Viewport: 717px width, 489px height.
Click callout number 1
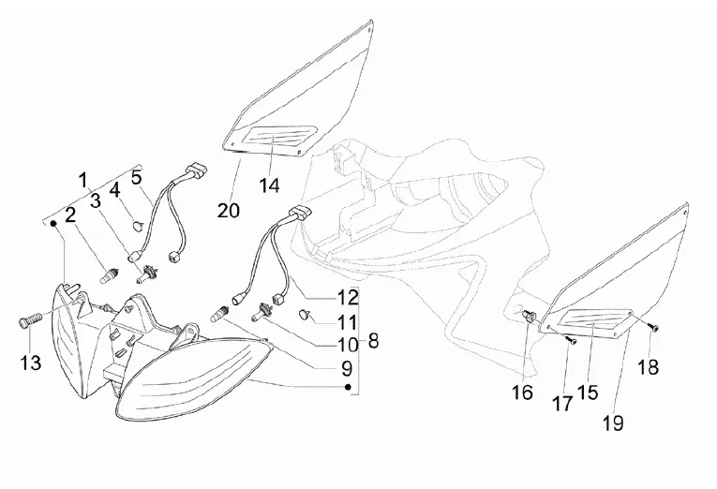pos(82,178)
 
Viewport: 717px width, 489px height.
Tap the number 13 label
pos(32,363)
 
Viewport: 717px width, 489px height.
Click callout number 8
pos(373,341)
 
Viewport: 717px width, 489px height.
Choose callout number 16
pos(523,393)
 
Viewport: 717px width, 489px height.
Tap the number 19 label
pos(613,423)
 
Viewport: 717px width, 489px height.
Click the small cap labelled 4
pos(137,225)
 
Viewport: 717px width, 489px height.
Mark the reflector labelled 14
pos(273,142)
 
